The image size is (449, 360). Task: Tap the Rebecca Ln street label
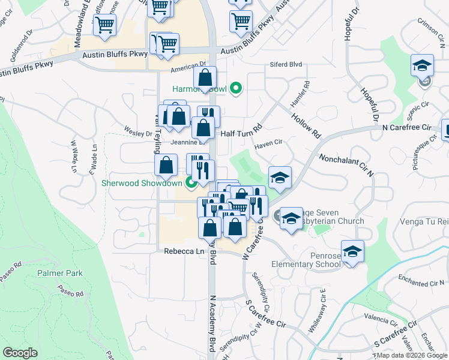pos(183,252)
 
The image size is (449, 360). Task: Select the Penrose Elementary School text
pos(306,259)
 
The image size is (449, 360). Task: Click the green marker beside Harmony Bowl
pos(236,89)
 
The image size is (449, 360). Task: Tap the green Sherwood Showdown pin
pos(191,183)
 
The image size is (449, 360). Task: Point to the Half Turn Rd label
pos(242,134)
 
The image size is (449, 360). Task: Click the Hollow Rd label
pos(305,123)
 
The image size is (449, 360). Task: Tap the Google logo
pos(20,353)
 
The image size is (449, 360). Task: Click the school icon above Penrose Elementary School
pos(352,252)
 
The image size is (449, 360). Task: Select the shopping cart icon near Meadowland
pos(104,26)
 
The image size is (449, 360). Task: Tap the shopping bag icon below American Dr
pos(205,78)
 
